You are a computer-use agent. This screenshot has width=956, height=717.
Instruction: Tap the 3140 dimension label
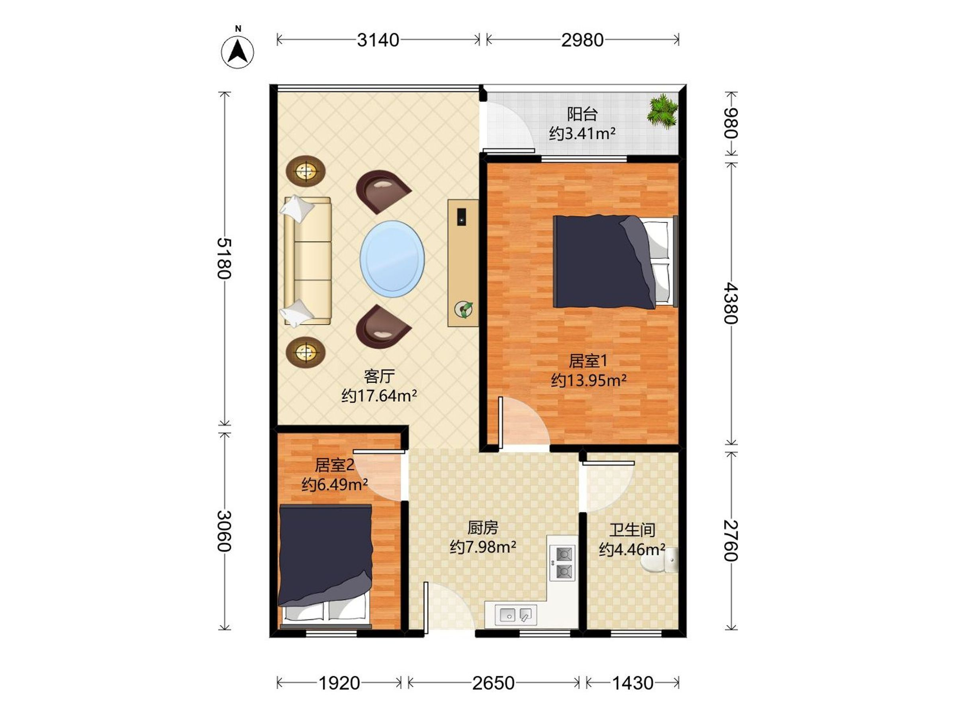378,40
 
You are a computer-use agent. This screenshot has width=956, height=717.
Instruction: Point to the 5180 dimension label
224,259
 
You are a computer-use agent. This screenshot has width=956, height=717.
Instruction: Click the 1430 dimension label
633,683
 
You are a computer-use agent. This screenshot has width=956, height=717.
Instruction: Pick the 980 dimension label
731,123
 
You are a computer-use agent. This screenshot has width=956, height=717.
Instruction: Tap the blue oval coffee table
392,259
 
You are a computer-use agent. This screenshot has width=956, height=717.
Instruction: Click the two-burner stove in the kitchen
563,562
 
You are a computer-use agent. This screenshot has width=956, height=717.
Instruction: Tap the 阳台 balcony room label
582,114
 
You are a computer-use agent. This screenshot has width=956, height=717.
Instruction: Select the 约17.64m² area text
379,396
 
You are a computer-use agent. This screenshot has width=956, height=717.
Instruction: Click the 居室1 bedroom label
588,360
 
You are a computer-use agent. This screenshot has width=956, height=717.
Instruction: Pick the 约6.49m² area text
335,484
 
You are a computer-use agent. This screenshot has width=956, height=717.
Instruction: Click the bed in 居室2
325,566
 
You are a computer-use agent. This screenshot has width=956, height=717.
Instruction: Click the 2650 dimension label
493,683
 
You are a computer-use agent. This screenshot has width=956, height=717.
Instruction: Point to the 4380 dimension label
731,304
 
